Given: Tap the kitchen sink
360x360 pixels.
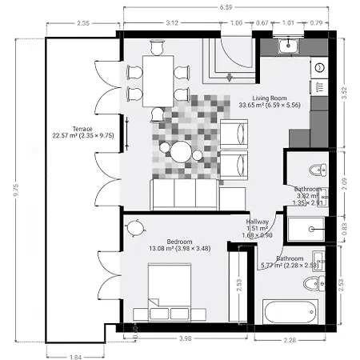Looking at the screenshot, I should [286, 47].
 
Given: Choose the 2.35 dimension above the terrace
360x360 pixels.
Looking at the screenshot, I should [82, 23].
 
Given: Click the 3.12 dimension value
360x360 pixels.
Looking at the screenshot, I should [171, 23].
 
